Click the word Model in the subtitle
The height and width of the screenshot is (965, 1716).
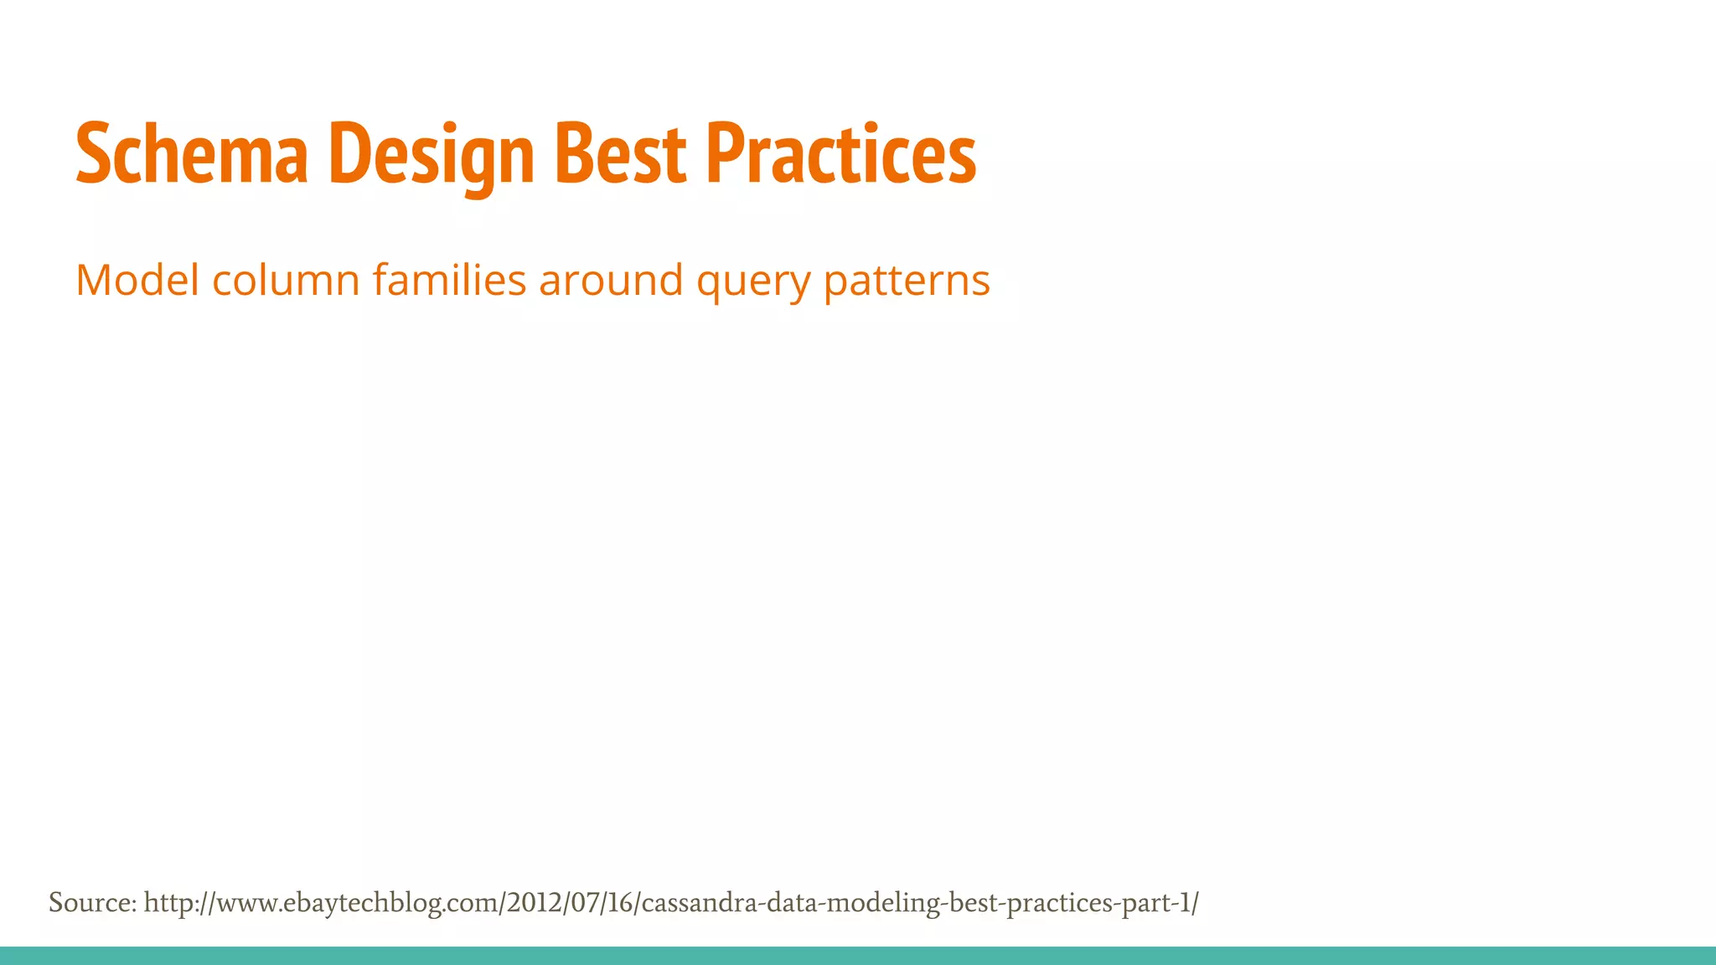tap(137, 280)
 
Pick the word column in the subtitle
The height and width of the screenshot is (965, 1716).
tap(286, 280)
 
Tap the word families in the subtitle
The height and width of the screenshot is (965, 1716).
tap(449, 280)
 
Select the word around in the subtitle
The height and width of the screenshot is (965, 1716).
tap(611, 280)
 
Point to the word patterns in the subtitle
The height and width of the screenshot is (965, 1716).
tap(907, 281)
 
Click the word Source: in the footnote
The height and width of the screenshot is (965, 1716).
tap(92, 903)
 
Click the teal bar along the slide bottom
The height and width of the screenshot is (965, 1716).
tap(858, 956)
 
